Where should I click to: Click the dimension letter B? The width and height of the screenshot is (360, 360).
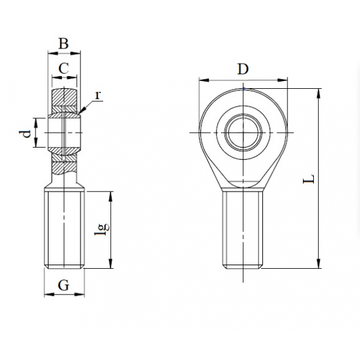(64, 43)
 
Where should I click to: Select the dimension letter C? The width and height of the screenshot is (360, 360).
(64, 68)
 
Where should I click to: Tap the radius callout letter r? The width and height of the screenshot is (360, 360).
(98, 95)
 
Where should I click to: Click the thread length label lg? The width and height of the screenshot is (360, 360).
(102, 229)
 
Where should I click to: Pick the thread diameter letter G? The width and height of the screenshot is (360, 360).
(64, 286)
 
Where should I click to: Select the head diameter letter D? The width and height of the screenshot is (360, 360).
(243, 69)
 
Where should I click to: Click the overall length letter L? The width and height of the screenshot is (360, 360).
(308, 179)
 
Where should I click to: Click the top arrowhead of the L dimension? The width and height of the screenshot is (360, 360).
(318, 93)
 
